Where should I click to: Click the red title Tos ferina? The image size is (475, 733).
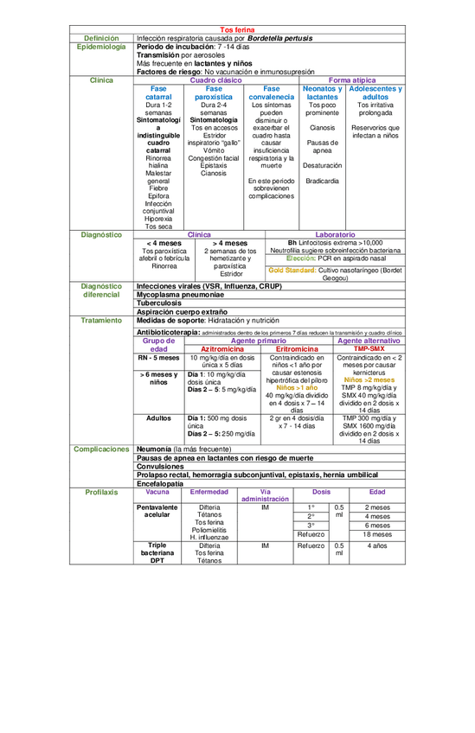coord(236,29)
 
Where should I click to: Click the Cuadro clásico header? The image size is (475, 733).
coord(216,80)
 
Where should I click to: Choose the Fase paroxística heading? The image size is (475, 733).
coord(214,92)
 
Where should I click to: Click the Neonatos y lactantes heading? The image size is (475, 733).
coord(322,92)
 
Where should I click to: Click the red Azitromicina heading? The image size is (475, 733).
coord(214,348)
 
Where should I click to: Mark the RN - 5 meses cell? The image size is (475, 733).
coord(157,357)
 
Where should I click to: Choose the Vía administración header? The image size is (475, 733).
coord(266,494)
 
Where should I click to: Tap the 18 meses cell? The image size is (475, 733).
coord(377,533)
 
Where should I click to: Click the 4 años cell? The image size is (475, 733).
coord(377,545)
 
